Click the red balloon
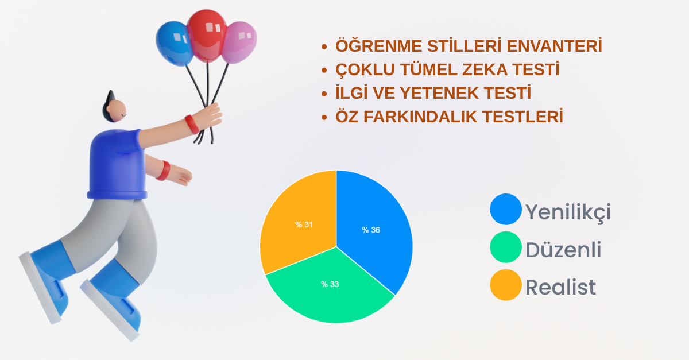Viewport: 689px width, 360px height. [207, 36]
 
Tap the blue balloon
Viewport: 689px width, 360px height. [174, 44]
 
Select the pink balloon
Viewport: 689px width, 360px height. [239, 42]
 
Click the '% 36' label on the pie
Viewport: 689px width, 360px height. [371, 230]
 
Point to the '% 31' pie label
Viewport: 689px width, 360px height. [304, 224]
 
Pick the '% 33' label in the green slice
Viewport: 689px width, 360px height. [330, 284]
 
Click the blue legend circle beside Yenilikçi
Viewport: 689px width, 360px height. [506, 209]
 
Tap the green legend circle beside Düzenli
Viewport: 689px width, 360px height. [506, 247]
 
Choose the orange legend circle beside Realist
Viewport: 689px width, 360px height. [506, 285]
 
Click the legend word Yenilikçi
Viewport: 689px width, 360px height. [568, 212]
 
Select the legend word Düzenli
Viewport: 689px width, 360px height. [563, 250]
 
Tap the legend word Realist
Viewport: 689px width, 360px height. [560, 288]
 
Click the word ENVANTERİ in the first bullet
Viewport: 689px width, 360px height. [554, 46]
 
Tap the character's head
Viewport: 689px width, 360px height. [114, 109]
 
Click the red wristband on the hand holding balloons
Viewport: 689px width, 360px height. [192, 125]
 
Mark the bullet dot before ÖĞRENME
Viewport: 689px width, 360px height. [324, 47]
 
